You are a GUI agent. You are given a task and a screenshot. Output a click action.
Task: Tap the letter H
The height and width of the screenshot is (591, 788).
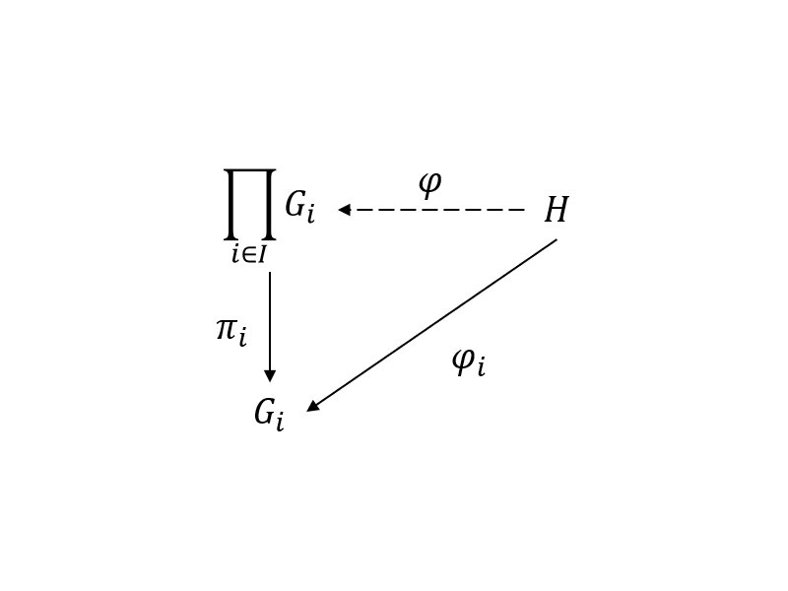click(x=557, y=210)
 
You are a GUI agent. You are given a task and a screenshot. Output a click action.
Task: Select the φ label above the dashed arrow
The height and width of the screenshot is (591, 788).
click(x=430, y=184)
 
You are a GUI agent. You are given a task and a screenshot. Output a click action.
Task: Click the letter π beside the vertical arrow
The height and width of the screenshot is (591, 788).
click(x=227, y=329)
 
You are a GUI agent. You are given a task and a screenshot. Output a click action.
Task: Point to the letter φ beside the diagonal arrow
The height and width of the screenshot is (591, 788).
click(x=463, y=361)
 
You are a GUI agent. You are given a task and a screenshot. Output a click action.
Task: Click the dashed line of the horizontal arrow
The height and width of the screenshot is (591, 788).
click(x=440, y=210)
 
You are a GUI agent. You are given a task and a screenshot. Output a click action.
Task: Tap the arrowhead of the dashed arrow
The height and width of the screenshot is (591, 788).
click(x=344, y=210)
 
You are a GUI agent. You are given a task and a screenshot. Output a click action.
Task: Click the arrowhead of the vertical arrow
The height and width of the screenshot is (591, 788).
click(x=270, y=376)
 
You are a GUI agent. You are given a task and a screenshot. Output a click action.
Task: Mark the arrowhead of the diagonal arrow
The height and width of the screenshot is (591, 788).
click(x=312, y=406)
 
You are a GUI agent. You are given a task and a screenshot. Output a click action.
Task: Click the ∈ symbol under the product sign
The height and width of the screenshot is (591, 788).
click(x=248, y=255)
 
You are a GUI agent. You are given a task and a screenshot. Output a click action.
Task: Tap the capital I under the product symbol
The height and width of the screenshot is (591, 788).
click(x=261, y=255)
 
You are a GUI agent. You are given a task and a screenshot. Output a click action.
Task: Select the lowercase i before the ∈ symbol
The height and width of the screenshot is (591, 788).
click(x=235, y=255)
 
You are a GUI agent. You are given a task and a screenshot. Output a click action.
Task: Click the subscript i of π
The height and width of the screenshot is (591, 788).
click(x=242, y=337)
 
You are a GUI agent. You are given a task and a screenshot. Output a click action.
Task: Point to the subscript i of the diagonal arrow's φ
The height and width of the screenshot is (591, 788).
click(x=481, y=366)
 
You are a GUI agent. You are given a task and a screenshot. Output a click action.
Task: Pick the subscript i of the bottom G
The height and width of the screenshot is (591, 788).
click(x=280, y=422)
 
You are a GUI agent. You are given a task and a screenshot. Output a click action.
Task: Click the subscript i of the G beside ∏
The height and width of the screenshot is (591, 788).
click(x=310, y=214)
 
